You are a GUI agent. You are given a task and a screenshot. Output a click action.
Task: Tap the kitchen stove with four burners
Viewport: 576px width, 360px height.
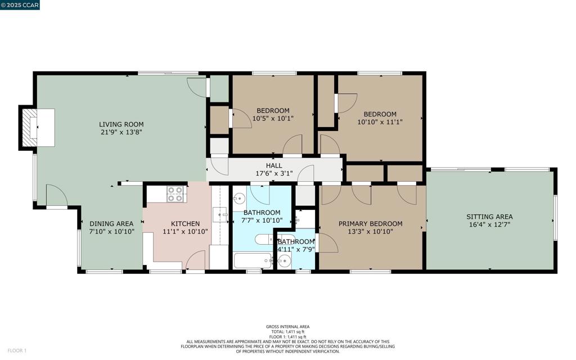[x=175, y=194]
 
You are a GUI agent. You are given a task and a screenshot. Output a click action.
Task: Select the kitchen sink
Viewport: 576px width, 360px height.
[x=220, y=214]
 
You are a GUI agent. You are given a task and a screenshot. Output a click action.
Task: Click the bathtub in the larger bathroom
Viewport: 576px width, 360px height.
[x=253, y=261]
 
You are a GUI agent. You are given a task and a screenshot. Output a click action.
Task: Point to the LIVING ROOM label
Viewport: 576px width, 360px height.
[x=121, y=124]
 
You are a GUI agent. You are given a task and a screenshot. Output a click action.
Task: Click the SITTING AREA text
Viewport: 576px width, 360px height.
[x=490, y=217]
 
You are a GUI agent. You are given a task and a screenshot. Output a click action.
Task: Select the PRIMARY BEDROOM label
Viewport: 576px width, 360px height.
[x=370, y=224]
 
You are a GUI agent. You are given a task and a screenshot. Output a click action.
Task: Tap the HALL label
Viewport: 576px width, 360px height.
[x=274, y=166]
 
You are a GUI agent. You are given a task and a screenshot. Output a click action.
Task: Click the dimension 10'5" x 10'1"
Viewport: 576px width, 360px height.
[x=273, y=118]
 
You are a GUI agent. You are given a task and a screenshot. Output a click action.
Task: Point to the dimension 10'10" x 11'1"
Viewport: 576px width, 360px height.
[x=380, y=122]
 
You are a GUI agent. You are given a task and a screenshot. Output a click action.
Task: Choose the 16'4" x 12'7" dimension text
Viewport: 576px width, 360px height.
[x=490, y=224]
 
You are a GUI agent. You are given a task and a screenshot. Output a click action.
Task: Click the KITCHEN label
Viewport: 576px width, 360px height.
[x=186, y=224]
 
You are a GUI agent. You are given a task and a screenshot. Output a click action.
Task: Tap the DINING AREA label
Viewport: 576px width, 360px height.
[x=112, y=224]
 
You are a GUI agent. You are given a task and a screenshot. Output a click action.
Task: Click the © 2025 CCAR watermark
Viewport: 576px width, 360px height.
[x=20, y=4]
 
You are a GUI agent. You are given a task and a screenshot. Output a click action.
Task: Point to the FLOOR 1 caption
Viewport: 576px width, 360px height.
[x=17, y=351]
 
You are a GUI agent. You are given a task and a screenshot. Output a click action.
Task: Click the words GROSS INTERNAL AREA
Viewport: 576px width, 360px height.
[x=287, y=327]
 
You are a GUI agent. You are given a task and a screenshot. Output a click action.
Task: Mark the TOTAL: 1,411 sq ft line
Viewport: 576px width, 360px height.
[x=287, y=332]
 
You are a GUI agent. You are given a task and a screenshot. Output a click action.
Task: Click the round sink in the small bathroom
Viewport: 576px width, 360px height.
[x=284, y=262]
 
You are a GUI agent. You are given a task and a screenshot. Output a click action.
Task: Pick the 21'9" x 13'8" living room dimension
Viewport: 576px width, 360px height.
[x=121, y=132]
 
